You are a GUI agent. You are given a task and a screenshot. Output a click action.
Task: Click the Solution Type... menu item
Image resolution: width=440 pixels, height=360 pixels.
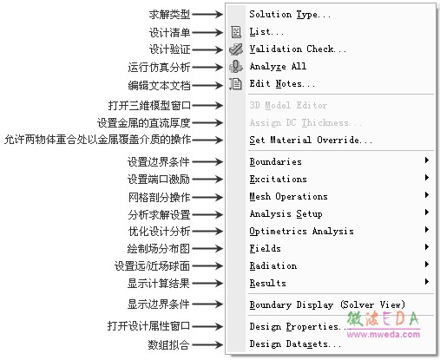(290, 14)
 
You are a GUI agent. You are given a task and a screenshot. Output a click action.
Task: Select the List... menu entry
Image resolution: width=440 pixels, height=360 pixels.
(266, 31)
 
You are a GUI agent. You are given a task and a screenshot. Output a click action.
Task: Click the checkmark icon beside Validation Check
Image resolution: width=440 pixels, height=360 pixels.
(236, 49)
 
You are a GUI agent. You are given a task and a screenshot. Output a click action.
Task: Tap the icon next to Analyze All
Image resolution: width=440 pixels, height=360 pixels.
(236, 67)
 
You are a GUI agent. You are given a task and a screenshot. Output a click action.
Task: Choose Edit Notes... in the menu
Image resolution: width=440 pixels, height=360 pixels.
(282, 83)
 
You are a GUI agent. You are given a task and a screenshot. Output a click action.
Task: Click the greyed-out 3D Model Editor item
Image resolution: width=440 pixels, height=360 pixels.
(288, 105)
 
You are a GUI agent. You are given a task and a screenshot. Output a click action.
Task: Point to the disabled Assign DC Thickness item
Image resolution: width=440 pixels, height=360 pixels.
(305, 122)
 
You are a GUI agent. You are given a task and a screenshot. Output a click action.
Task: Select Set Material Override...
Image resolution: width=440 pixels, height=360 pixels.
(311, 140)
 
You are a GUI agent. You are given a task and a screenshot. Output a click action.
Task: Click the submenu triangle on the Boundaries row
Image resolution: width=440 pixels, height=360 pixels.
(427, 160)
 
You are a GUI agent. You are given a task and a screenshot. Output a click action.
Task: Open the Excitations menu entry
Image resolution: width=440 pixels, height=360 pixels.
(278, 179)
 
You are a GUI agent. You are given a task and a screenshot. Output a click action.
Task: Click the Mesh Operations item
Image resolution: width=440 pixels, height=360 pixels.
(288, 196)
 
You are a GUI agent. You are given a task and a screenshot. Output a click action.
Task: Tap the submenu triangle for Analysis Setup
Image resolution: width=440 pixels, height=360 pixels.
(427, 213)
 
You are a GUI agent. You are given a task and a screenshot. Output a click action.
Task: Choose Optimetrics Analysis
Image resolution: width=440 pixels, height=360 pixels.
(301, 231)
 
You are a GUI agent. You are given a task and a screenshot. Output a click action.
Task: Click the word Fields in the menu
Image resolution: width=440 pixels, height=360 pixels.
(265, 248)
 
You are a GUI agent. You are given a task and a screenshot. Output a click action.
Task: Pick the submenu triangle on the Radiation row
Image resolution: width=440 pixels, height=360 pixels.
(427, 265)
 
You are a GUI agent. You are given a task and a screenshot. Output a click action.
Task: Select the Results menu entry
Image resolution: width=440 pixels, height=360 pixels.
(267, 283)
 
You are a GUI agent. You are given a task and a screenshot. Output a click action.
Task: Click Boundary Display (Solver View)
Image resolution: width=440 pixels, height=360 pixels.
(327, 304)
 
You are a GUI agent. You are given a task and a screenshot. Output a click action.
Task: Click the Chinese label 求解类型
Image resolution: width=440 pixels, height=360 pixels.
(169, 15)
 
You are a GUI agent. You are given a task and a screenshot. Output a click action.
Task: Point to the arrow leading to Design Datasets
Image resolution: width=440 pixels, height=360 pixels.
(207, 344)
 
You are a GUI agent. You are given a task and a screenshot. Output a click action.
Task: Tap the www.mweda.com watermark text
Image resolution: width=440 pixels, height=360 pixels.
(384, 335)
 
